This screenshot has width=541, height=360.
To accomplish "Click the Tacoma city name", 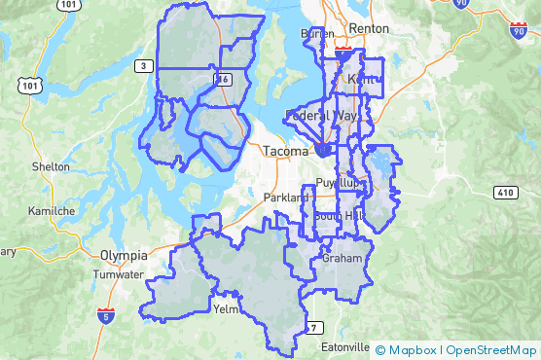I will [285, 151].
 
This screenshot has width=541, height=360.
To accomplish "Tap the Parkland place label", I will [284, 198].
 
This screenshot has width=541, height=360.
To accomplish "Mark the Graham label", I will [342, 259].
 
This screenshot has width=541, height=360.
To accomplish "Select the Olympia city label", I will [124, 255].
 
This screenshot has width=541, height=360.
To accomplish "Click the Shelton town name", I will [51, 166].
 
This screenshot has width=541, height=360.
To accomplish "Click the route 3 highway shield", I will [143, 65].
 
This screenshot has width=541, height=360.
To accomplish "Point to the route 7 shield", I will [313, 326].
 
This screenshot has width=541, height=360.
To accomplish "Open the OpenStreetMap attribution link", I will [491, 349].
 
